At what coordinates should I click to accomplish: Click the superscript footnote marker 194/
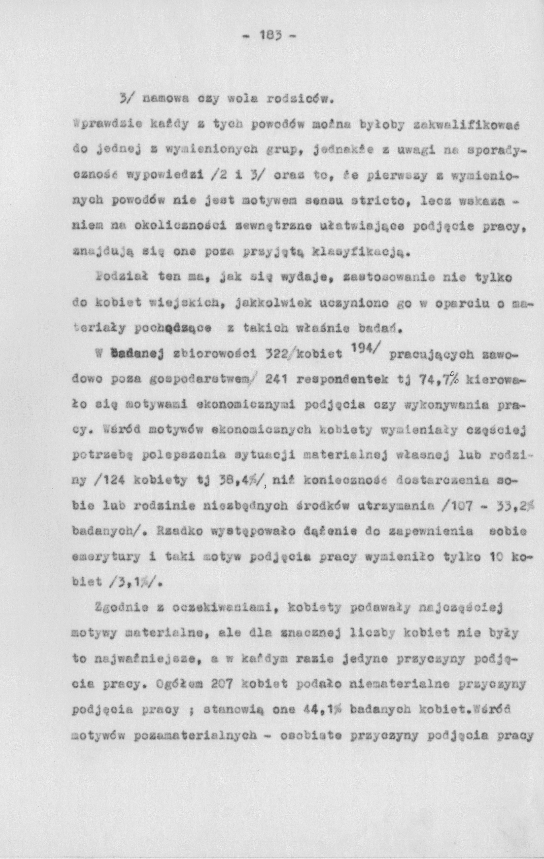367,351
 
